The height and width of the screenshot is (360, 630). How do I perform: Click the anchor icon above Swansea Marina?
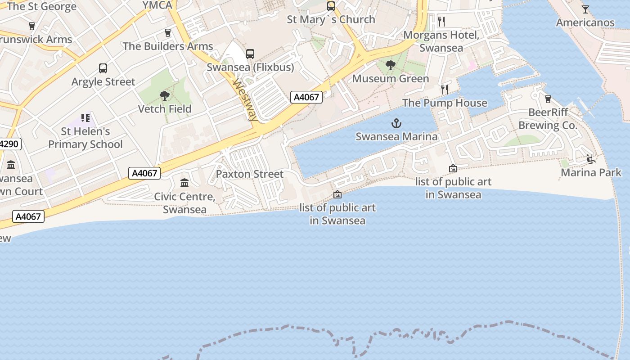[396, 123]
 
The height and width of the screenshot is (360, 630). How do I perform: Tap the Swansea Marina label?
[396, 136]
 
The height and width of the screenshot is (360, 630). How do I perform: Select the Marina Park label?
[591, 172]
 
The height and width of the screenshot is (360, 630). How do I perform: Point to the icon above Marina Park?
[591, 159]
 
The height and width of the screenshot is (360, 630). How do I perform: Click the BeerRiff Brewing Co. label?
[548, 119]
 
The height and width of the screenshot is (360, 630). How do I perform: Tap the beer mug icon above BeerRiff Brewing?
[548, 99]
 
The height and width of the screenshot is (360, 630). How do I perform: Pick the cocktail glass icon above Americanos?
[585, 9]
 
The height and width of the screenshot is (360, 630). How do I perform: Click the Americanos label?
[585, 22]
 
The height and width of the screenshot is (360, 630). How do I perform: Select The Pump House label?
[445, 103]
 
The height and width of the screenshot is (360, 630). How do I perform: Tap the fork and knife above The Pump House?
[445, 89]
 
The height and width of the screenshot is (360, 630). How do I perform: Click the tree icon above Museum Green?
[391, 65]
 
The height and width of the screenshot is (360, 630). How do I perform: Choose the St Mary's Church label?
[331, 19]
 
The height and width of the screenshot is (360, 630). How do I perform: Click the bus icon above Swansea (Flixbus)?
[250, 54]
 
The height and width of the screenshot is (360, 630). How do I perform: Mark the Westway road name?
[246, 100]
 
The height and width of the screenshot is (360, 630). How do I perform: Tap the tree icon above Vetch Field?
[165, 95]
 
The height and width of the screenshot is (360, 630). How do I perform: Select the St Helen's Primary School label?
[85, 138]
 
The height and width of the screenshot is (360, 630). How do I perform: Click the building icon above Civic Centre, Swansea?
[184, 183]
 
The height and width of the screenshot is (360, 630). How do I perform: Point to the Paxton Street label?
[250, 174]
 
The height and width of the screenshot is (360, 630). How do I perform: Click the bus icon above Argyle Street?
[103, 68]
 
